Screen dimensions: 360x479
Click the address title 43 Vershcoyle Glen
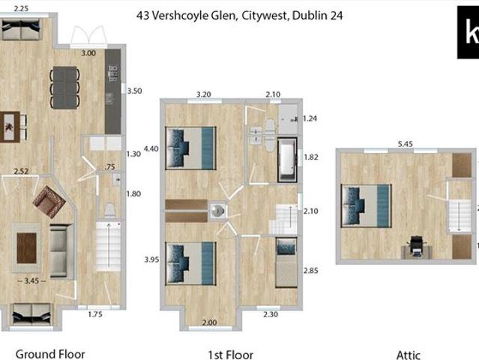pos(240,15)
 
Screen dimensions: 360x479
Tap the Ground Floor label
pos(50,353)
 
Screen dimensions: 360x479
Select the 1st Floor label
pos(230,355)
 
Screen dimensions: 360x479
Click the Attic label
pos(409,355)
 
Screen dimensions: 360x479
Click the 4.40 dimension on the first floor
pos(151,148)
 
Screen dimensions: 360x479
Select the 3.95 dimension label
pos(151,259)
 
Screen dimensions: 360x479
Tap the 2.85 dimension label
pos(310,270)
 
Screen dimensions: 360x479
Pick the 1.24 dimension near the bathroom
pos(310,118)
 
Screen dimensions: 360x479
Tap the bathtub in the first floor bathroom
pos(287,159)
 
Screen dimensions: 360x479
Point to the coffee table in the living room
pos(27,248)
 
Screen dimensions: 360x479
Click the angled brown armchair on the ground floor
pos(49,202)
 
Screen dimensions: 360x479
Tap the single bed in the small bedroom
pos(286,262)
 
